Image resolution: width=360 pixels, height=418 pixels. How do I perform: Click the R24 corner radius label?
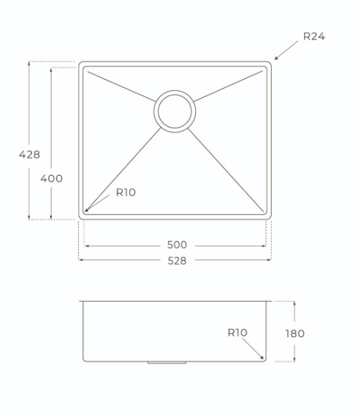(x=314, y=37)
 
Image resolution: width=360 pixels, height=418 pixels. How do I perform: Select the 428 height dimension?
(x=29, y=154)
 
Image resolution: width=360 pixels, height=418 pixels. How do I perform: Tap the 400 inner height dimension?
(x=52, y=179)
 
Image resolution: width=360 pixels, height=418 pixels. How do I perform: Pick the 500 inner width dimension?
(x=177, y=244)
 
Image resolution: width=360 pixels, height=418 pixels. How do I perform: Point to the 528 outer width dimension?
(x=177, y=261)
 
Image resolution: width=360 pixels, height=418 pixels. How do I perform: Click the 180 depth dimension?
(x=295, y=333)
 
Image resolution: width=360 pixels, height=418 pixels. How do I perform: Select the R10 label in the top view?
(x=126, y=192)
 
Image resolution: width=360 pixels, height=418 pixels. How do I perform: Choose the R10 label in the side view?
(x=237, y=333)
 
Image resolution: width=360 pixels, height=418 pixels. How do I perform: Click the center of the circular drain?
(x=175, y=111)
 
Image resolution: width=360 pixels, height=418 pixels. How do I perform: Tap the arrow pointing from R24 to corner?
(x=286, y=50)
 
